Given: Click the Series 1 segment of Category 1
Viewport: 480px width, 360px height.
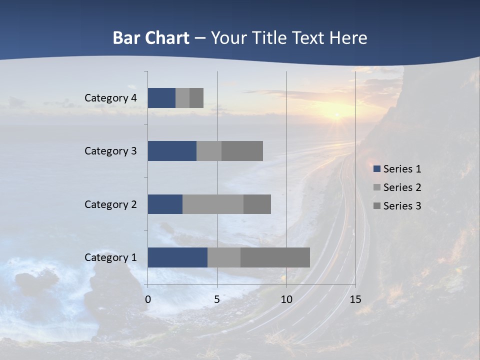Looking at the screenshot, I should tap(177, 257).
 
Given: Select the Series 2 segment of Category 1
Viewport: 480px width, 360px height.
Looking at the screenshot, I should tap(224, 257).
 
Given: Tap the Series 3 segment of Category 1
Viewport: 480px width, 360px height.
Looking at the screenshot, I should tap(275, 257).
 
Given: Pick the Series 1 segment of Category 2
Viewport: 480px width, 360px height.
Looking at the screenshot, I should tap(165, 204).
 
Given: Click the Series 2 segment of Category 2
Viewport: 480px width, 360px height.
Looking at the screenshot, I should tap(213, 204).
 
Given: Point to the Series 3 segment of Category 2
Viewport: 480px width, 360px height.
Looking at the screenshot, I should tap(257, 204).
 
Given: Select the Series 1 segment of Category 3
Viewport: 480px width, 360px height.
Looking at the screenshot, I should tap(172, 151).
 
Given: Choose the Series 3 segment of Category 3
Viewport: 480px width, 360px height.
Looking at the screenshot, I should tap(242, 151).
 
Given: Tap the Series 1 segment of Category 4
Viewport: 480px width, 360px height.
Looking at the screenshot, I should tap(161, 98).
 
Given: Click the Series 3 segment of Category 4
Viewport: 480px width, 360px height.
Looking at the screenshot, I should tap(196, 98).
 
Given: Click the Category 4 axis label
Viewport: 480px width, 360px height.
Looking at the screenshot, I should tap(110, 98).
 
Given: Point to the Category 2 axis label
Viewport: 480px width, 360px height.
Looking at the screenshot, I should tap(110, 204).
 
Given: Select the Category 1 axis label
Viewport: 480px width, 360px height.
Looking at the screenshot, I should tap(110, 257).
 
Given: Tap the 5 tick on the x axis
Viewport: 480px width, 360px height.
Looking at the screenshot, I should tap(217, 299).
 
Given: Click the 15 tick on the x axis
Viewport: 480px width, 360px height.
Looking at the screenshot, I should tap(355, 299).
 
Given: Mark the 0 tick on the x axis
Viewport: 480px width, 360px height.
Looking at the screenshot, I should tap(148, 299).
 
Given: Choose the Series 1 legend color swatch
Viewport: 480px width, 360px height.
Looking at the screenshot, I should tap(376, 169).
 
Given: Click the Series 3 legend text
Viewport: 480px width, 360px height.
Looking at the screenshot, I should tap(402, 205).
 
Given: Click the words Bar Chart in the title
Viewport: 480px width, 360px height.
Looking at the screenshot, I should tap(151, 38).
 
